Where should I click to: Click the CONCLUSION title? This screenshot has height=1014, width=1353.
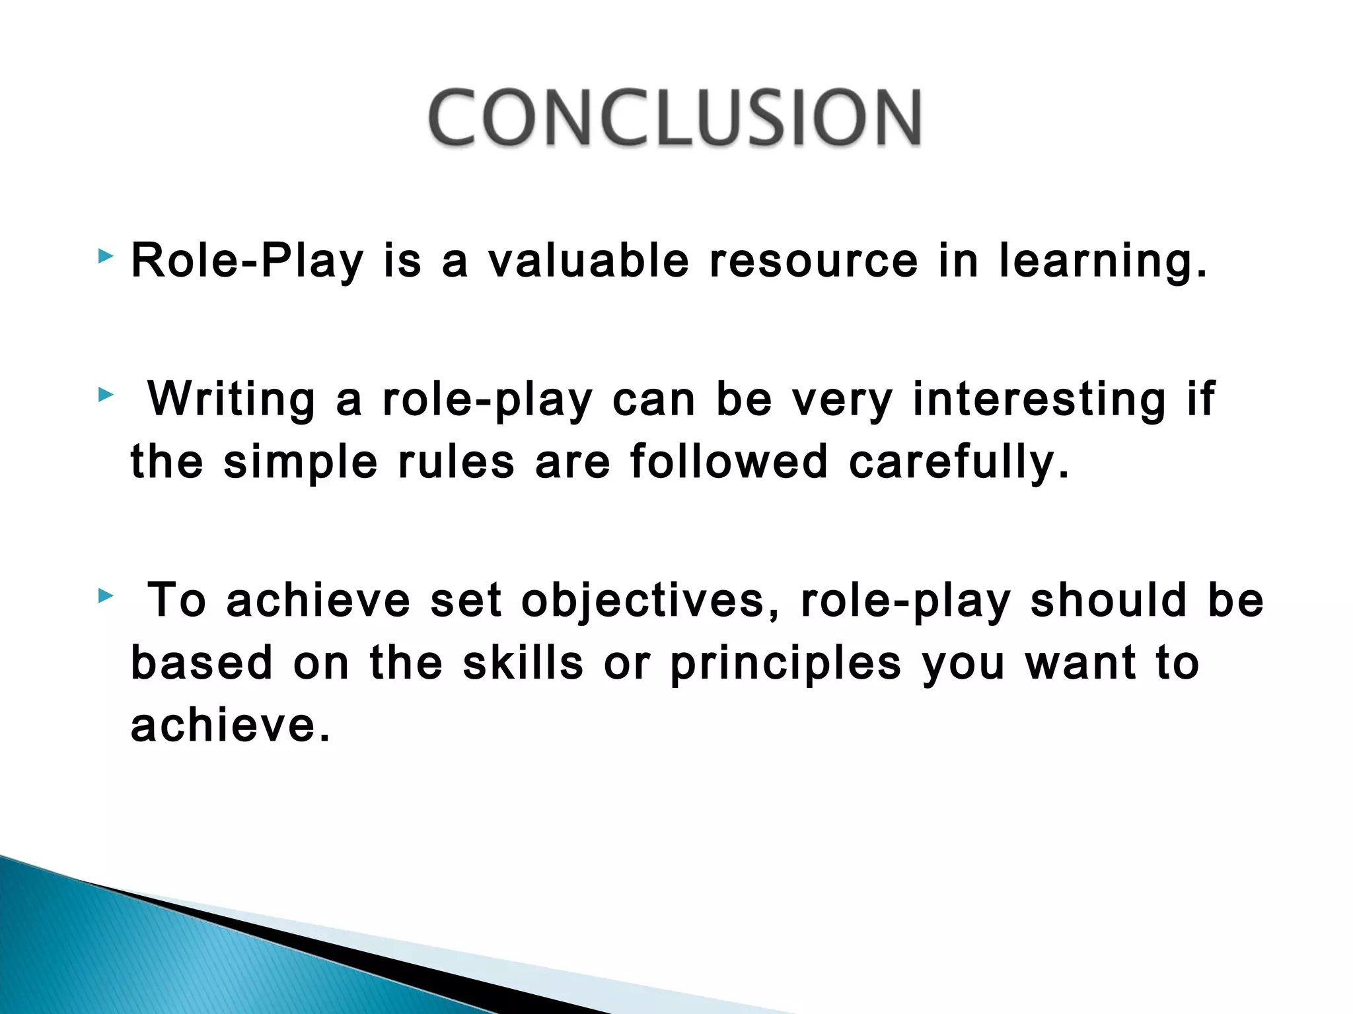pos(675,118)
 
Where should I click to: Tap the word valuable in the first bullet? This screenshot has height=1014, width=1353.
pos(589,260)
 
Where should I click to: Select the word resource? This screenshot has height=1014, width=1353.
pos(813,260)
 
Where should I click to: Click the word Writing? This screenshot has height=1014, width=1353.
pos(231,400)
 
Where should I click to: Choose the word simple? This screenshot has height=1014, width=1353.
pos(301,462)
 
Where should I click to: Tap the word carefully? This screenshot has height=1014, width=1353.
pos(958,462)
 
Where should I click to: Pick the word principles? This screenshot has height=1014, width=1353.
pos(786,663)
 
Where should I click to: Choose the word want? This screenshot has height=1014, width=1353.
pos(1081,663)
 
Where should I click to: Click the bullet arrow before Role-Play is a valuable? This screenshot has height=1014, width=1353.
pos(105,256)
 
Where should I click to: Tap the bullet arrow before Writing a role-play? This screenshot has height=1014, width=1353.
pos(105,395)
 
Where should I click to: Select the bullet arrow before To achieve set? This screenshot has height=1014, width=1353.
pos(105,597)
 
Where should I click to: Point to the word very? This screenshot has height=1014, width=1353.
pos(842,400)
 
